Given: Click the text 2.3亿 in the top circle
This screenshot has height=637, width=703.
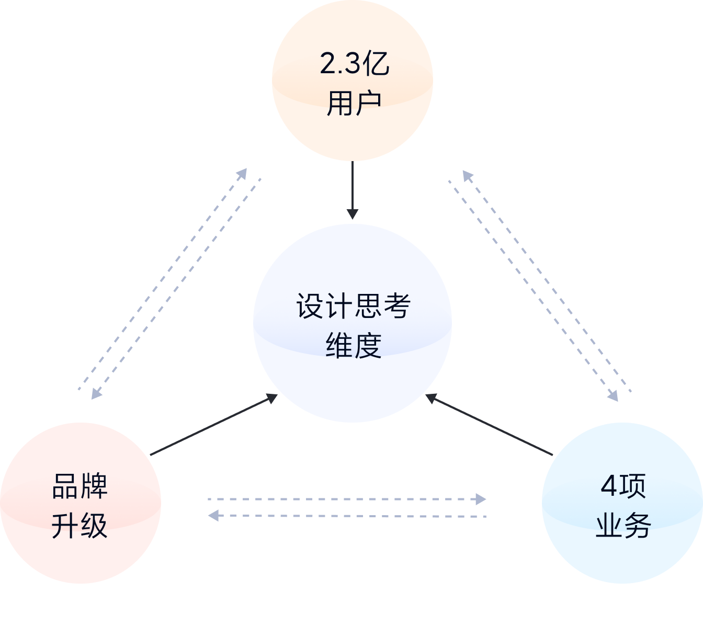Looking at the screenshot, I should pos(354,64).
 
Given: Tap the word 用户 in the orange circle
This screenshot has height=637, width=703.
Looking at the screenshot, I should pos(354,103).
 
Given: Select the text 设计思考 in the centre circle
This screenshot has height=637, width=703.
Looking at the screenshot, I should pos(353,306).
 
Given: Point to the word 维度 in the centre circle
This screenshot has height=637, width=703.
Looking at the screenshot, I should pos(353,345).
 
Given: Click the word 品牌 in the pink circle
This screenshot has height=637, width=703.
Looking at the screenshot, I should pos(80,486).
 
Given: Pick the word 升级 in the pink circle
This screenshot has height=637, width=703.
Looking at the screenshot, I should pos(80,526).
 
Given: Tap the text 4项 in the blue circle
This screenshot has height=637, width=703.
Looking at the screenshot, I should pos(623,486).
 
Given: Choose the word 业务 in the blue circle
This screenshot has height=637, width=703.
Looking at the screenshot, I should pos(623,526).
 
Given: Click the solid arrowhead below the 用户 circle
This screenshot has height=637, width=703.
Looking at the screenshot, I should pos(353,214).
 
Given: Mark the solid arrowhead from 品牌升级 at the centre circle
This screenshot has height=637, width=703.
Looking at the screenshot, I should pos(271,399).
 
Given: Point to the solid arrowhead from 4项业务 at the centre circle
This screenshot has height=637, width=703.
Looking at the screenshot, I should pos(432,399).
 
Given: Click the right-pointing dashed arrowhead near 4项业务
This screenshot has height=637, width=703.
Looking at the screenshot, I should pos(480,499).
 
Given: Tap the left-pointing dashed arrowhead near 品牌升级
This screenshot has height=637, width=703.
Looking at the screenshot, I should pos(213,516).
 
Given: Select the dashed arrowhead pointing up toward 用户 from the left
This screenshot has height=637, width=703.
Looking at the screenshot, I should pos(242,174).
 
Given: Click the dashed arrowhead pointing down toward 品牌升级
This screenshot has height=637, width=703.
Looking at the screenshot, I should pos(96,394).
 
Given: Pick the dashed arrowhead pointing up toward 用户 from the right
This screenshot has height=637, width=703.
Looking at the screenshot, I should pos(467,176).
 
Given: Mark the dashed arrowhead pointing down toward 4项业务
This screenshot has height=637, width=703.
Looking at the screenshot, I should pos(613,395).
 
